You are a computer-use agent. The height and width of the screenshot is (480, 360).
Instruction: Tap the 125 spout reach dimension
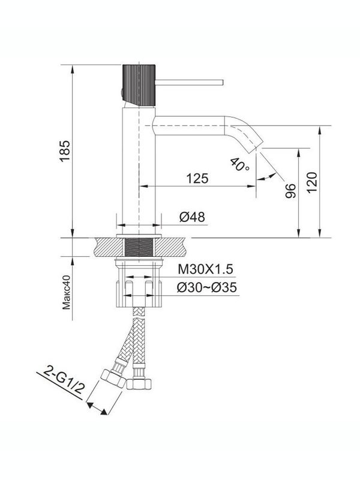pyautogui.click(x=196, y=178)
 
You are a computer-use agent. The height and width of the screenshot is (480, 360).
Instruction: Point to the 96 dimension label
pyautogui.click(x=290, y=191)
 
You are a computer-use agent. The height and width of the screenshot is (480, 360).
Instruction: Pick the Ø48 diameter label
pyautogui.click(x=192, y=217)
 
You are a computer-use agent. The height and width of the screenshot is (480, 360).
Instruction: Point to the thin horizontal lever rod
pyautogui.click(x=189, y=80)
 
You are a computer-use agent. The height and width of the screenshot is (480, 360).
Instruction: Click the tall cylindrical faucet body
pyautogui.click(x=139, y=168)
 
